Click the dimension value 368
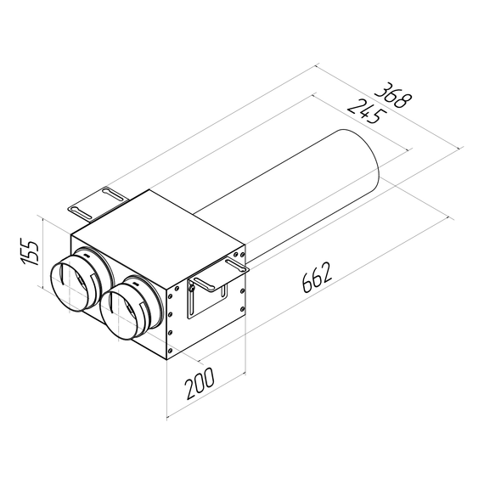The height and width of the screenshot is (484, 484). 395,96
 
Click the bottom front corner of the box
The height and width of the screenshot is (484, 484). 168,357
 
